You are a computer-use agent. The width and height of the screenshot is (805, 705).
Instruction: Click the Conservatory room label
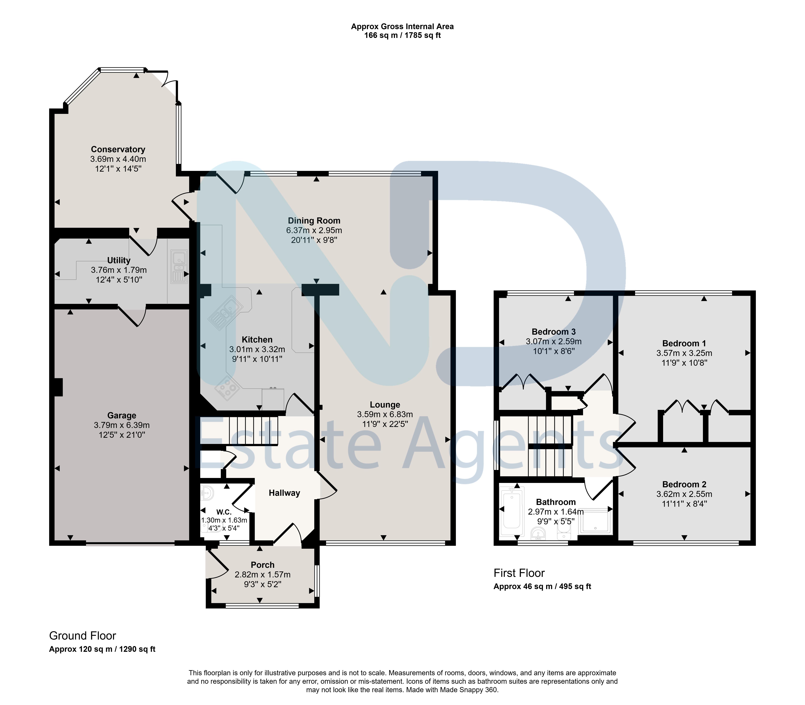coord(118,149)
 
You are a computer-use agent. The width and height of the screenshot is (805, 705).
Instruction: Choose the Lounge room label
coord(385,404)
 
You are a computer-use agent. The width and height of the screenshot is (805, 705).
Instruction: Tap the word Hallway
coord(285,493)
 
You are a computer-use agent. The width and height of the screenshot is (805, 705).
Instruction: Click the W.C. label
coord(224,512)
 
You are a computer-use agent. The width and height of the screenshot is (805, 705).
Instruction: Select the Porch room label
coord(262,565)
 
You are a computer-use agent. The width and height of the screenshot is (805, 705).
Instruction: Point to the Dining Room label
coord(314,221)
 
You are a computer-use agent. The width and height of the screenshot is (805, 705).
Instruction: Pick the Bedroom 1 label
coord(684,343)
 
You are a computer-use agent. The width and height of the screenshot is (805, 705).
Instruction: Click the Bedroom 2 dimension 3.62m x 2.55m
coord(684,494)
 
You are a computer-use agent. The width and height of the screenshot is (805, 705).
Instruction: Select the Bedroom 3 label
coord(554,332)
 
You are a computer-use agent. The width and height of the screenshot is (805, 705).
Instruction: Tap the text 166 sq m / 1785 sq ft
coord(402,35)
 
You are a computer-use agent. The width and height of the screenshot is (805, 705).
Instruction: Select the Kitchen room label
coord(257,339)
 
